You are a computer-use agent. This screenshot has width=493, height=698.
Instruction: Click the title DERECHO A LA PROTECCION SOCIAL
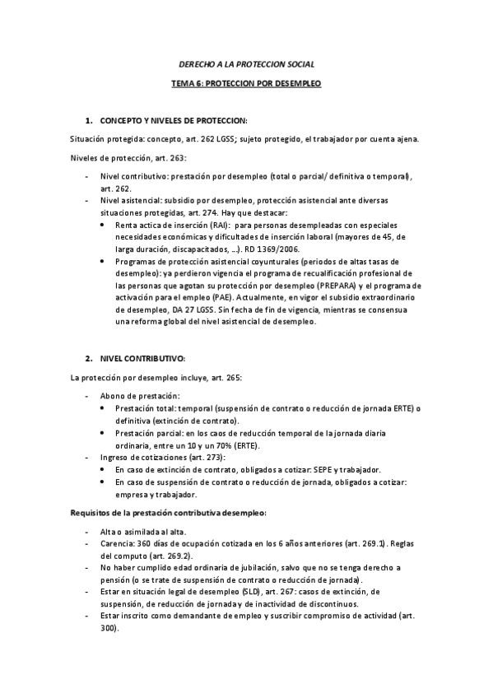(246, 63)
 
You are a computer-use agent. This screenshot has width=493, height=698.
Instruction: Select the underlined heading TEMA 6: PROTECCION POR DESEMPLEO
(246, 84)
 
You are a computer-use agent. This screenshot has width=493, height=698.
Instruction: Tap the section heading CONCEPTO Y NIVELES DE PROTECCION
(173, 121)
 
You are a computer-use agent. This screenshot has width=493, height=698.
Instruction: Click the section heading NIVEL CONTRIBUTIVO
(142, 359)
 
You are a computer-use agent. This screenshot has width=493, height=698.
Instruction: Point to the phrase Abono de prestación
(134, 396)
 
